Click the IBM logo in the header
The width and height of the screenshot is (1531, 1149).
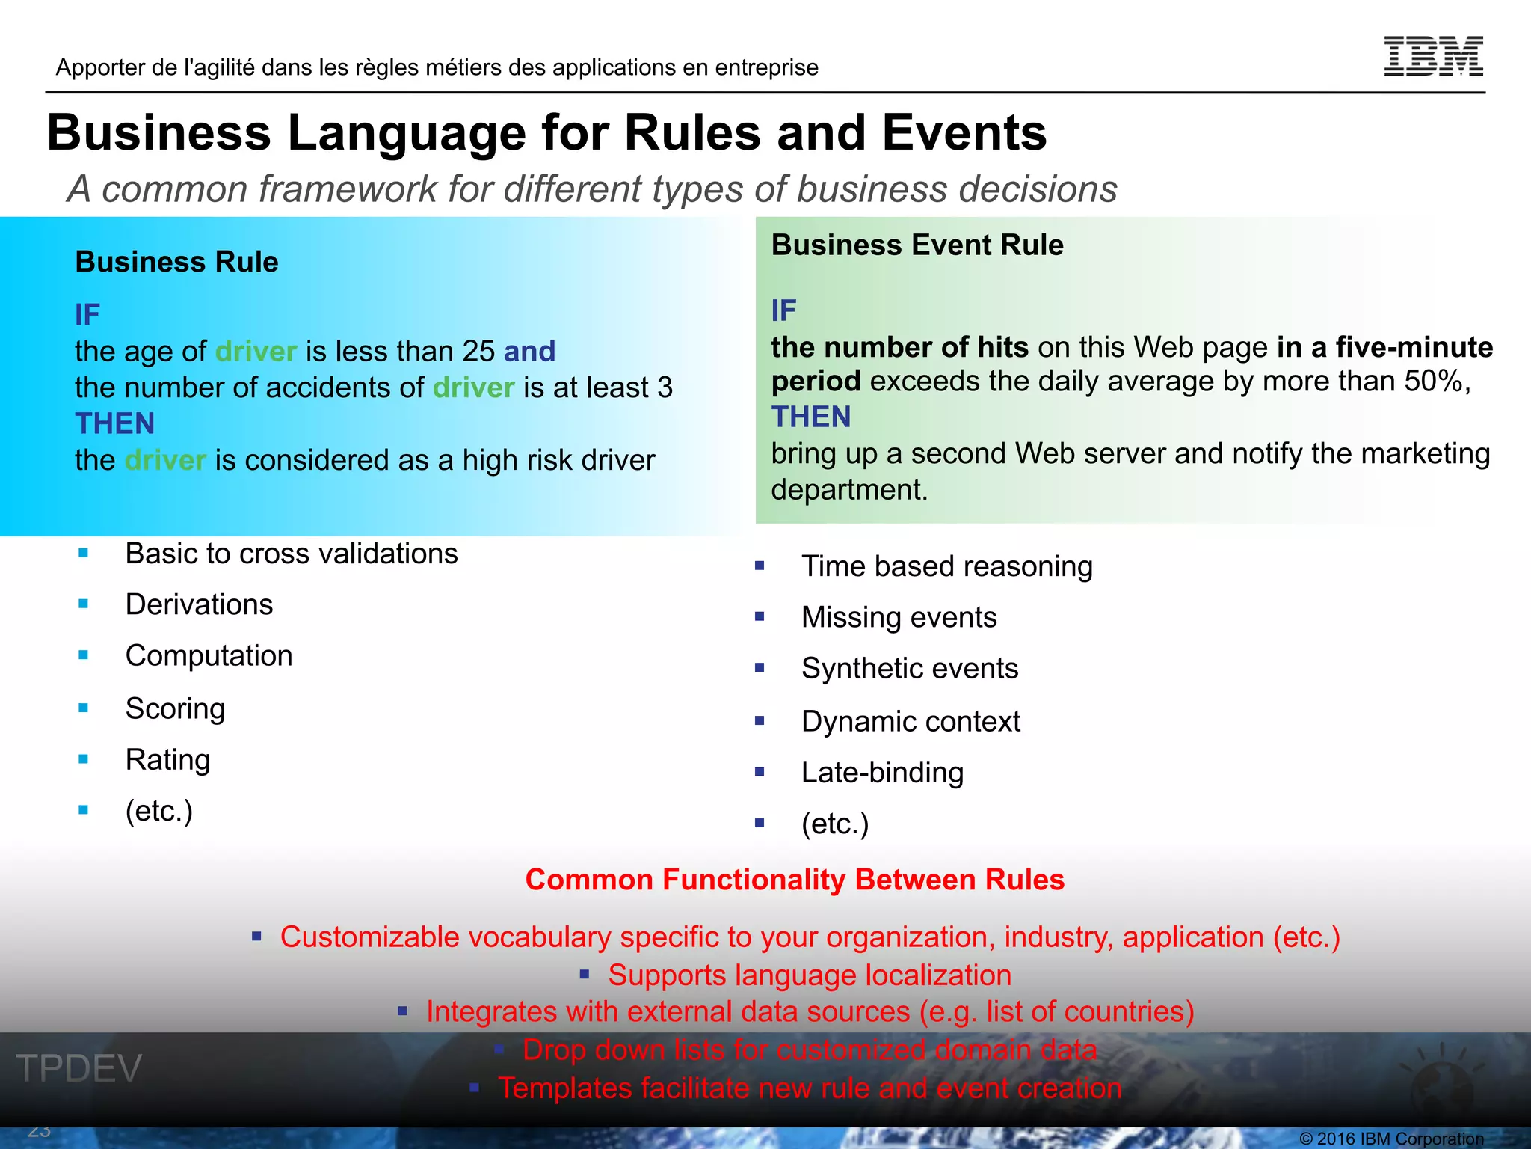coord(1433,56)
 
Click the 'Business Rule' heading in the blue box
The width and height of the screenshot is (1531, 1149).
coord(176,262)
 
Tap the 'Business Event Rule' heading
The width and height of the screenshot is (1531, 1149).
coord(917,245)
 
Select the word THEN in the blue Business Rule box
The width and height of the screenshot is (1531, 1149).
coord(114,423)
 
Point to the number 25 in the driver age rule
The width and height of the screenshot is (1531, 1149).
coord(478,351)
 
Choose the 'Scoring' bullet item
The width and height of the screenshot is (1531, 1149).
coord(175,708)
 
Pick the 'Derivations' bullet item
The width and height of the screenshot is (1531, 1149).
coord(199,604)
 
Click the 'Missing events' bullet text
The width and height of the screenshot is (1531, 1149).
coord(899,617)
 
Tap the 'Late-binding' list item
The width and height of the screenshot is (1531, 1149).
coord(882,772)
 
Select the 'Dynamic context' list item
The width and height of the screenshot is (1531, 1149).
coord(910,721)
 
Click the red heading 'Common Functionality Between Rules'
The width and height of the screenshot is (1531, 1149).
coord(795,880)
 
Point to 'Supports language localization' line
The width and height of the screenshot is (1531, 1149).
coord(809,975)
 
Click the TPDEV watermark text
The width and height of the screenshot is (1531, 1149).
coord(78,1067)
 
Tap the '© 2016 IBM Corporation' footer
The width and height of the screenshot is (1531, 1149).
coord(1391,1139)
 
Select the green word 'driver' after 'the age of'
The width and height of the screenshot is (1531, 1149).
coord(256,351)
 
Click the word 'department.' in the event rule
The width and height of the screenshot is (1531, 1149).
coord(849,490)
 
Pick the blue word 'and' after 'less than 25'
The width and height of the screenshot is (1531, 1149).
coord(529,351)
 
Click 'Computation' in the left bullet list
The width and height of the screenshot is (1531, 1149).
coord(209,655)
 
